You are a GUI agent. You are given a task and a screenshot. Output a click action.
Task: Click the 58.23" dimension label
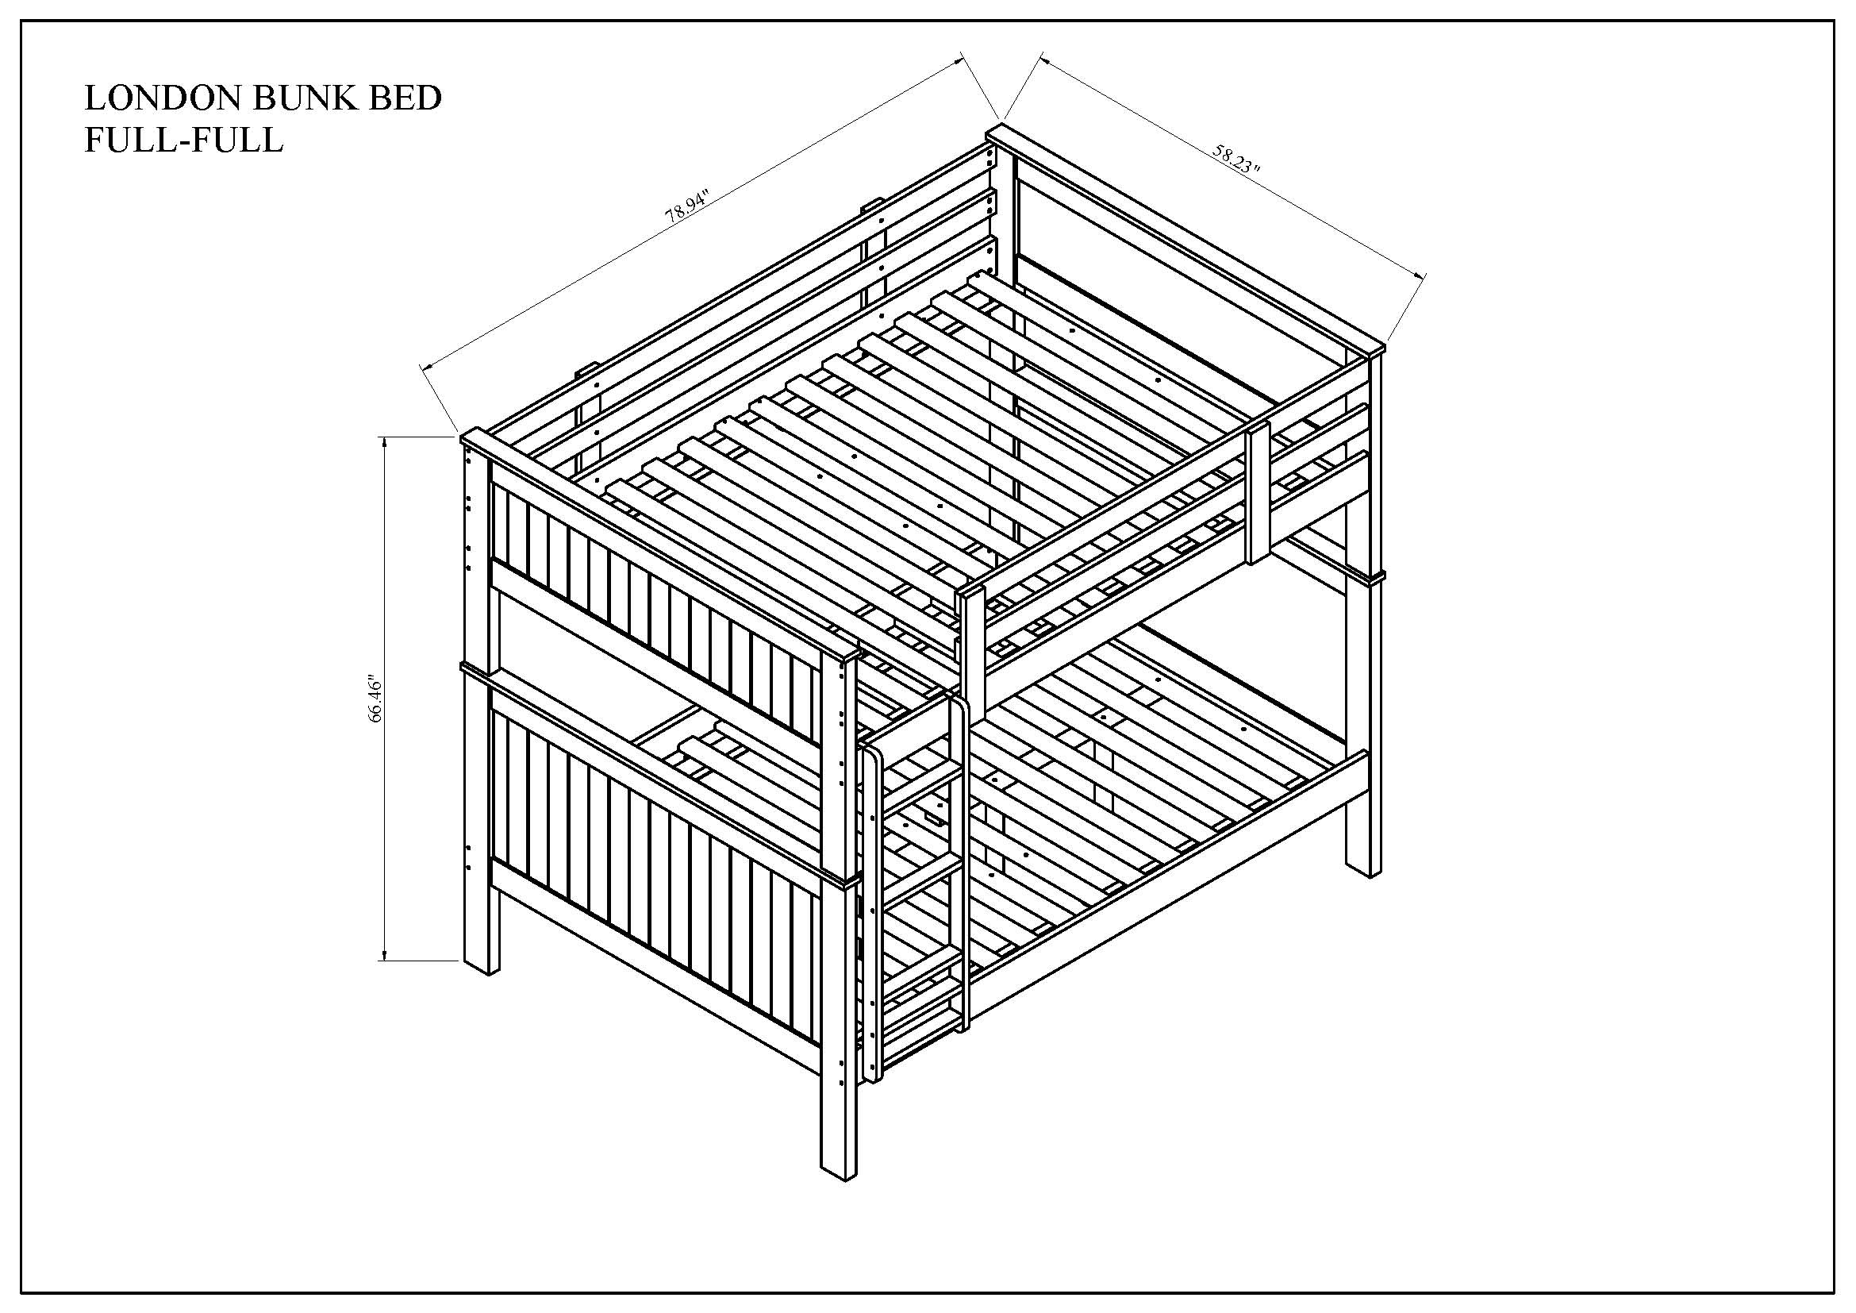(1237, 160)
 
